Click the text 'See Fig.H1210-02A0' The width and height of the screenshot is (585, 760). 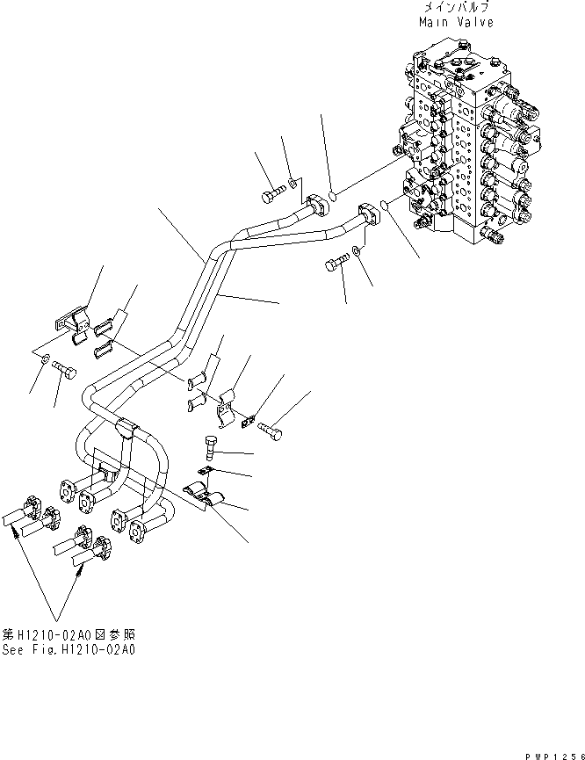pos(69,650)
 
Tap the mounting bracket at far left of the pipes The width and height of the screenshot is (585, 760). pos(74,321)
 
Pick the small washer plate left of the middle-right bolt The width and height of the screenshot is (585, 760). pos(249,421)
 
